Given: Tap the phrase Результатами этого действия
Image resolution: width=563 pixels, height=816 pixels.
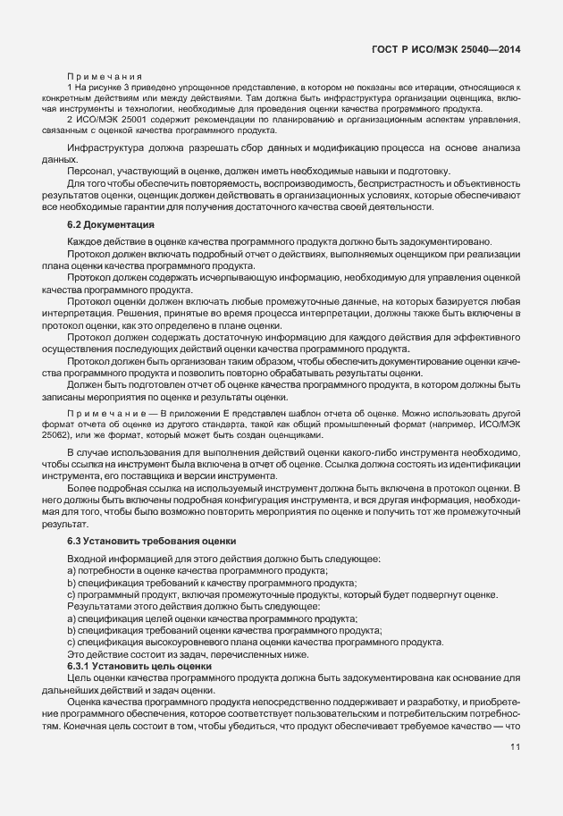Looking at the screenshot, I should tap(125, 606).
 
